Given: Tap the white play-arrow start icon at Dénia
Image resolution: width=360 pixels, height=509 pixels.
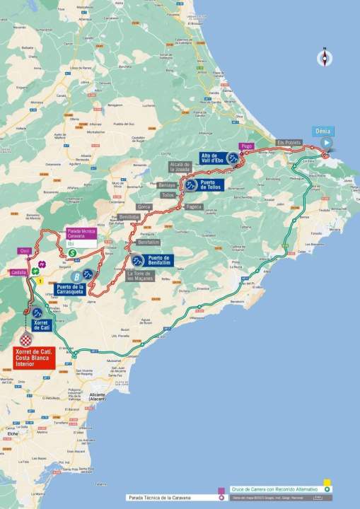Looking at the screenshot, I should click(325, 142).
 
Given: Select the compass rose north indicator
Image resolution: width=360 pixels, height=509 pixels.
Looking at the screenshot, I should click(325, 58).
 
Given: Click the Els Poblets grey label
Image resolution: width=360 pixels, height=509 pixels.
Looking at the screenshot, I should click(289, 142).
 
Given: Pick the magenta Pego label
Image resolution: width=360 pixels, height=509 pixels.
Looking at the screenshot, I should click(246, 146).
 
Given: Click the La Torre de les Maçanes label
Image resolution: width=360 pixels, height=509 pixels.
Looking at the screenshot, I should click(139, 276).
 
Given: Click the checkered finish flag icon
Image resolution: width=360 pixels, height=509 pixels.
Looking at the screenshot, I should click(30, 341).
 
